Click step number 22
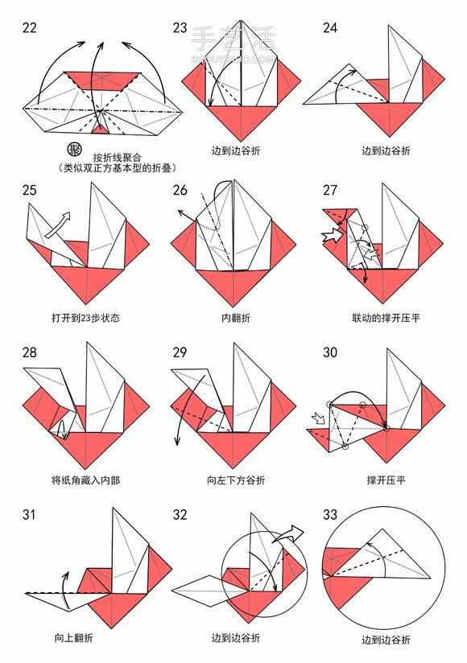pos(29,28)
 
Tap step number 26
pos(180,190)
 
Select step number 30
pos(330,352)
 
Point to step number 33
pos(330,515)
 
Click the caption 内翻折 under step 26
pos(236,317)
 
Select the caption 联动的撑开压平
pos(386,317)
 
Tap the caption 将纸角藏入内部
pos(85,480)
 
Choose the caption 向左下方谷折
pos(236,480)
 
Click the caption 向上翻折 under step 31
pos(73,637)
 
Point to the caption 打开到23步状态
pos(85,317)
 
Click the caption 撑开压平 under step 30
pos(386,480)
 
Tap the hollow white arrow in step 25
pos(58,224)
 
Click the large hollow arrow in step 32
pos(289,534)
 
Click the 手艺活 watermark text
pos(233,38)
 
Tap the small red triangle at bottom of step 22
pos(101,130)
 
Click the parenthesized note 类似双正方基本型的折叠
pos(118,168)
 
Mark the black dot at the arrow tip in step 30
pos(386,429)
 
